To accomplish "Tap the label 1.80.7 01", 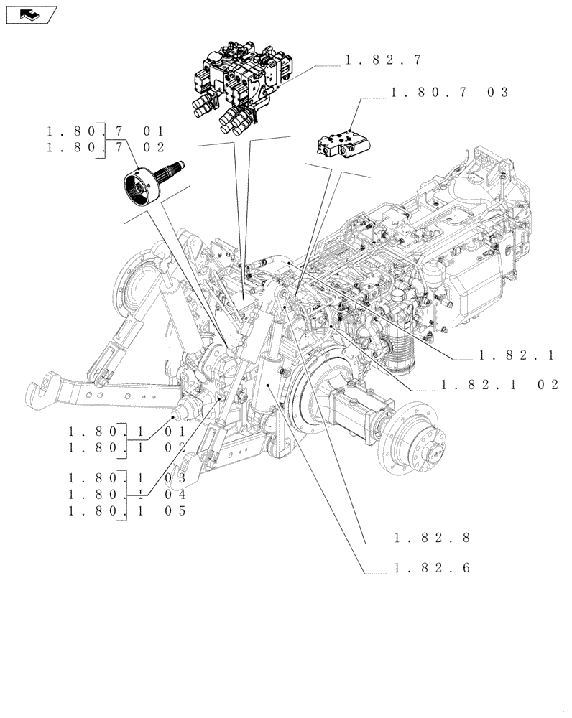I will coord(106,131).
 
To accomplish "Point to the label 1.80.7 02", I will coord(106,147).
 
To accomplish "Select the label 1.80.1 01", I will coord(127,432).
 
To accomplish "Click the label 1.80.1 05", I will coord(127,510).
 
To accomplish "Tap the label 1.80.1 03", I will coord(127,478).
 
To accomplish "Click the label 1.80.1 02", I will coord(127,447).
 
